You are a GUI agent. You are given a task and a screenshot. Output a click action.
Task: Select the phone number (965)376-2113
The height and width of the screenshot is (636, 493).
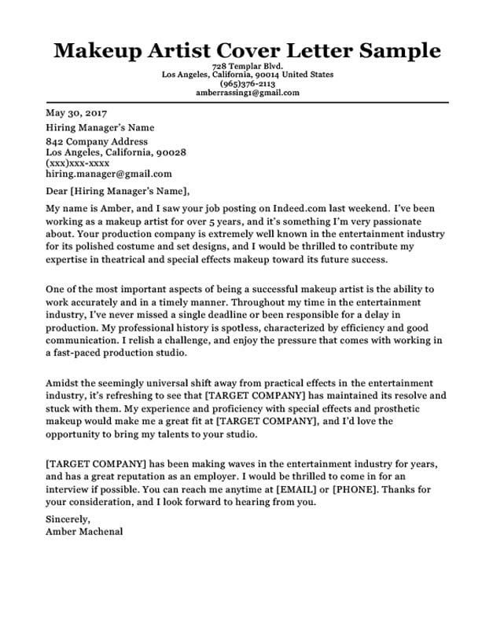click(x=247, y=84)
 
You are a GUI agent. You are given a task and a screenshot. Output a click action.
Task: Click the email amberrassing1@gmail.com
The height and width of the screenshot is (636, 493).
click(x=247, y=93)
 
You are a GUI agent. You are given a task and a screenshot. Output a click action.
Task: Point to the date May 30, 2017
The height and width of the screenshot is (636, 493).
click(x=76, y=112)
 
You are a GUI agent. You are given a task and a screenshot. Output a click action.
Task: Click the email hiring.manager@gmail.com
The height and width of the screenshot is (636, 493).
click(x=109, y=174)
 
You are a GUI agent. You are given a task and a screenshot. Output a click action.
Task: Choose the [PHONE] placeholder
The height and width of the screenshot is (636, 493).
click(x=357, y=490)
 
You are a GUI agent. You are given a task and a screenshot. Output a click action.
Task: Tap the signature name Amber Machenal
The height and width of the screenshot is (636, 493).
click(x=84, y=530)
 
